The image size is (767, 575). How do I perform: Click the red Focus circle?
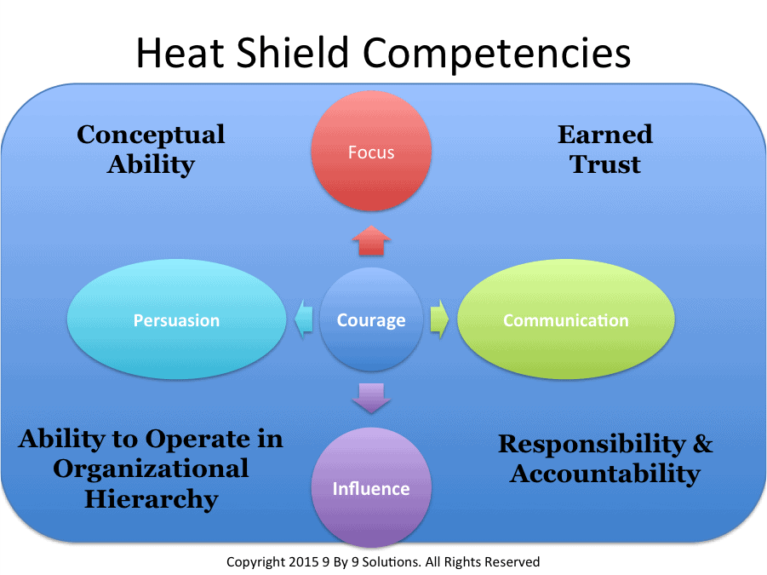(x=371, y=152)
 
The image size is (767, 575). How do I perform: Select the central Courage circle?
(x=371, y=320)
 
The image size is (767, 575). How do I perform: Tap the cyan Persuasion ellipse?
(x=176, y=320)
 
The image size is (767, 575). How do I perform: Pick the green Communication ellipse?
(x=566, y=320)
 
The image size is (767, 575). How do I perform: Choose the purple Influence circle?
(x=371, y=488)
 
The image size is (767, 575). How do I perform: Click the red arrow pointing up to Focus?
(x=371, y=241)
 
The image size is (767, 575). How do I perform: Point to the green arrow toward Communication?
(x=438, y=320)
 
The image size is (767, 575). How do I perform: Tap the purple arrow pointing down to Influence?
(x=371, y=398)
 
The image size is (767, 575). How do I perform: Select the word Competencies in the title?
(x=497, y=54)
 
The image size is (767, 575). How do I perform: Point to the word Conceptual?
(x=151, y=135)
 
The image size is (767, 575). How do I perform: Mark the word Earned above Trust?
(x=604, y=135)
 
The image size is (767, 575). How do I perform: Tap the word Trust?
(x=605, y=164)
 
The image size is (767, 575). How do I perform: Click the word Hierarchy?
(x=151, y=499)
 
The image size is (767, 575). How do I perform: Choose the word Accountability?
(x=605, y=474)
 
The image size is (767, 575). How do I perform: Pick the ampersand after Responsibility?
(x=702, y=444)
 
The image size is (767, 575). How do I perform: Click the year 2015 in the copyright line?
(x=298, y=562)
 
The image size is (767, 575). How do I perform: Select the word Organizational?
(x=151, y=469)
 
